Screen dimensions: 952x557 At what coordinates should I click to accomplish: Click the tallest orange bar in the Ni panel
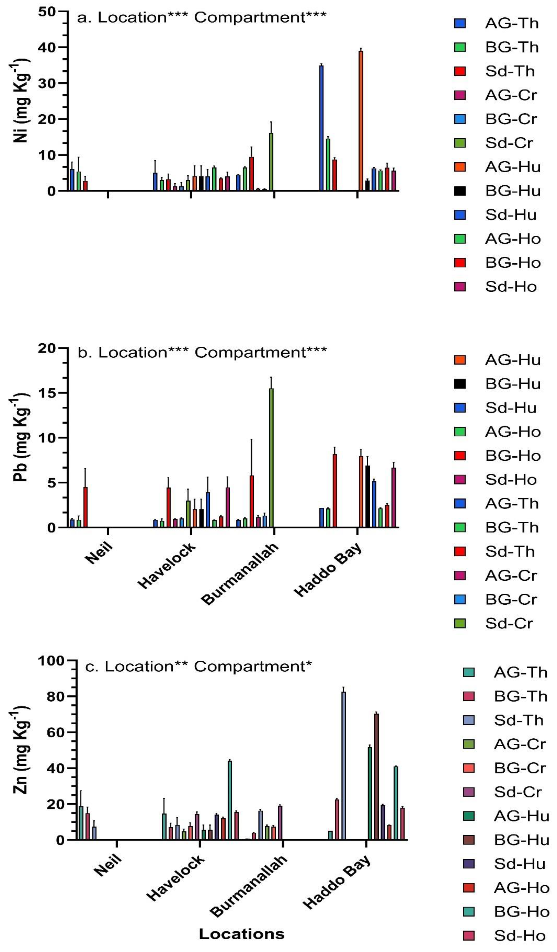point(361,121)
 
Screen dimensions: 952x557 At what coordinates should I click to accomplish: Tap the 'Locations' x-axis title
point(242,934)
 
